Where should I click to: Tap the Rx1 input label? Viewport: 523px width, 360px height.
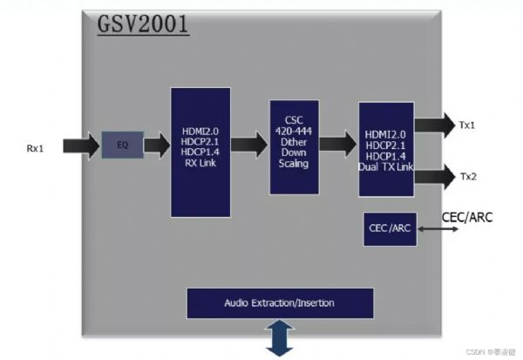tap(36, 148)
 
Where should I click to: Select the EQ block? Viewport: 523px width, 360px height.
tap(122, 145)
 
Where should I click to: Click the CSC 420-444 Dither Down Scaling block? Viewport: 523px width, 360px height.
tap(295, 146)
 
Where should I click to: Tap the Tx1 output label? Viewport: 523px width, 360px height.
tap(467, 126)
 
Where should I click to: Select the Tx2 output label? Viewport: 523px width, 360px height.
tap(467, 177)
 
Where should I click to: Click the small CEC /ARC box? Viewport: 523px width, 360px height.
tap(387, 228)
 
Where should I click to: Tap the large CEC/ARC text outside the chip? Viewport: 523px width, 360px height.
tap(468, 216)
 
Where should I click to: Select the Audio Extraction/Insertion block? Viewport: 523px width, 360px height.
tap(280, 303)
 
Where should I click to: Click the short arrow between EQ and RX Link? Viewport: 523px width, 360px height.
tap(157, 146)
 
